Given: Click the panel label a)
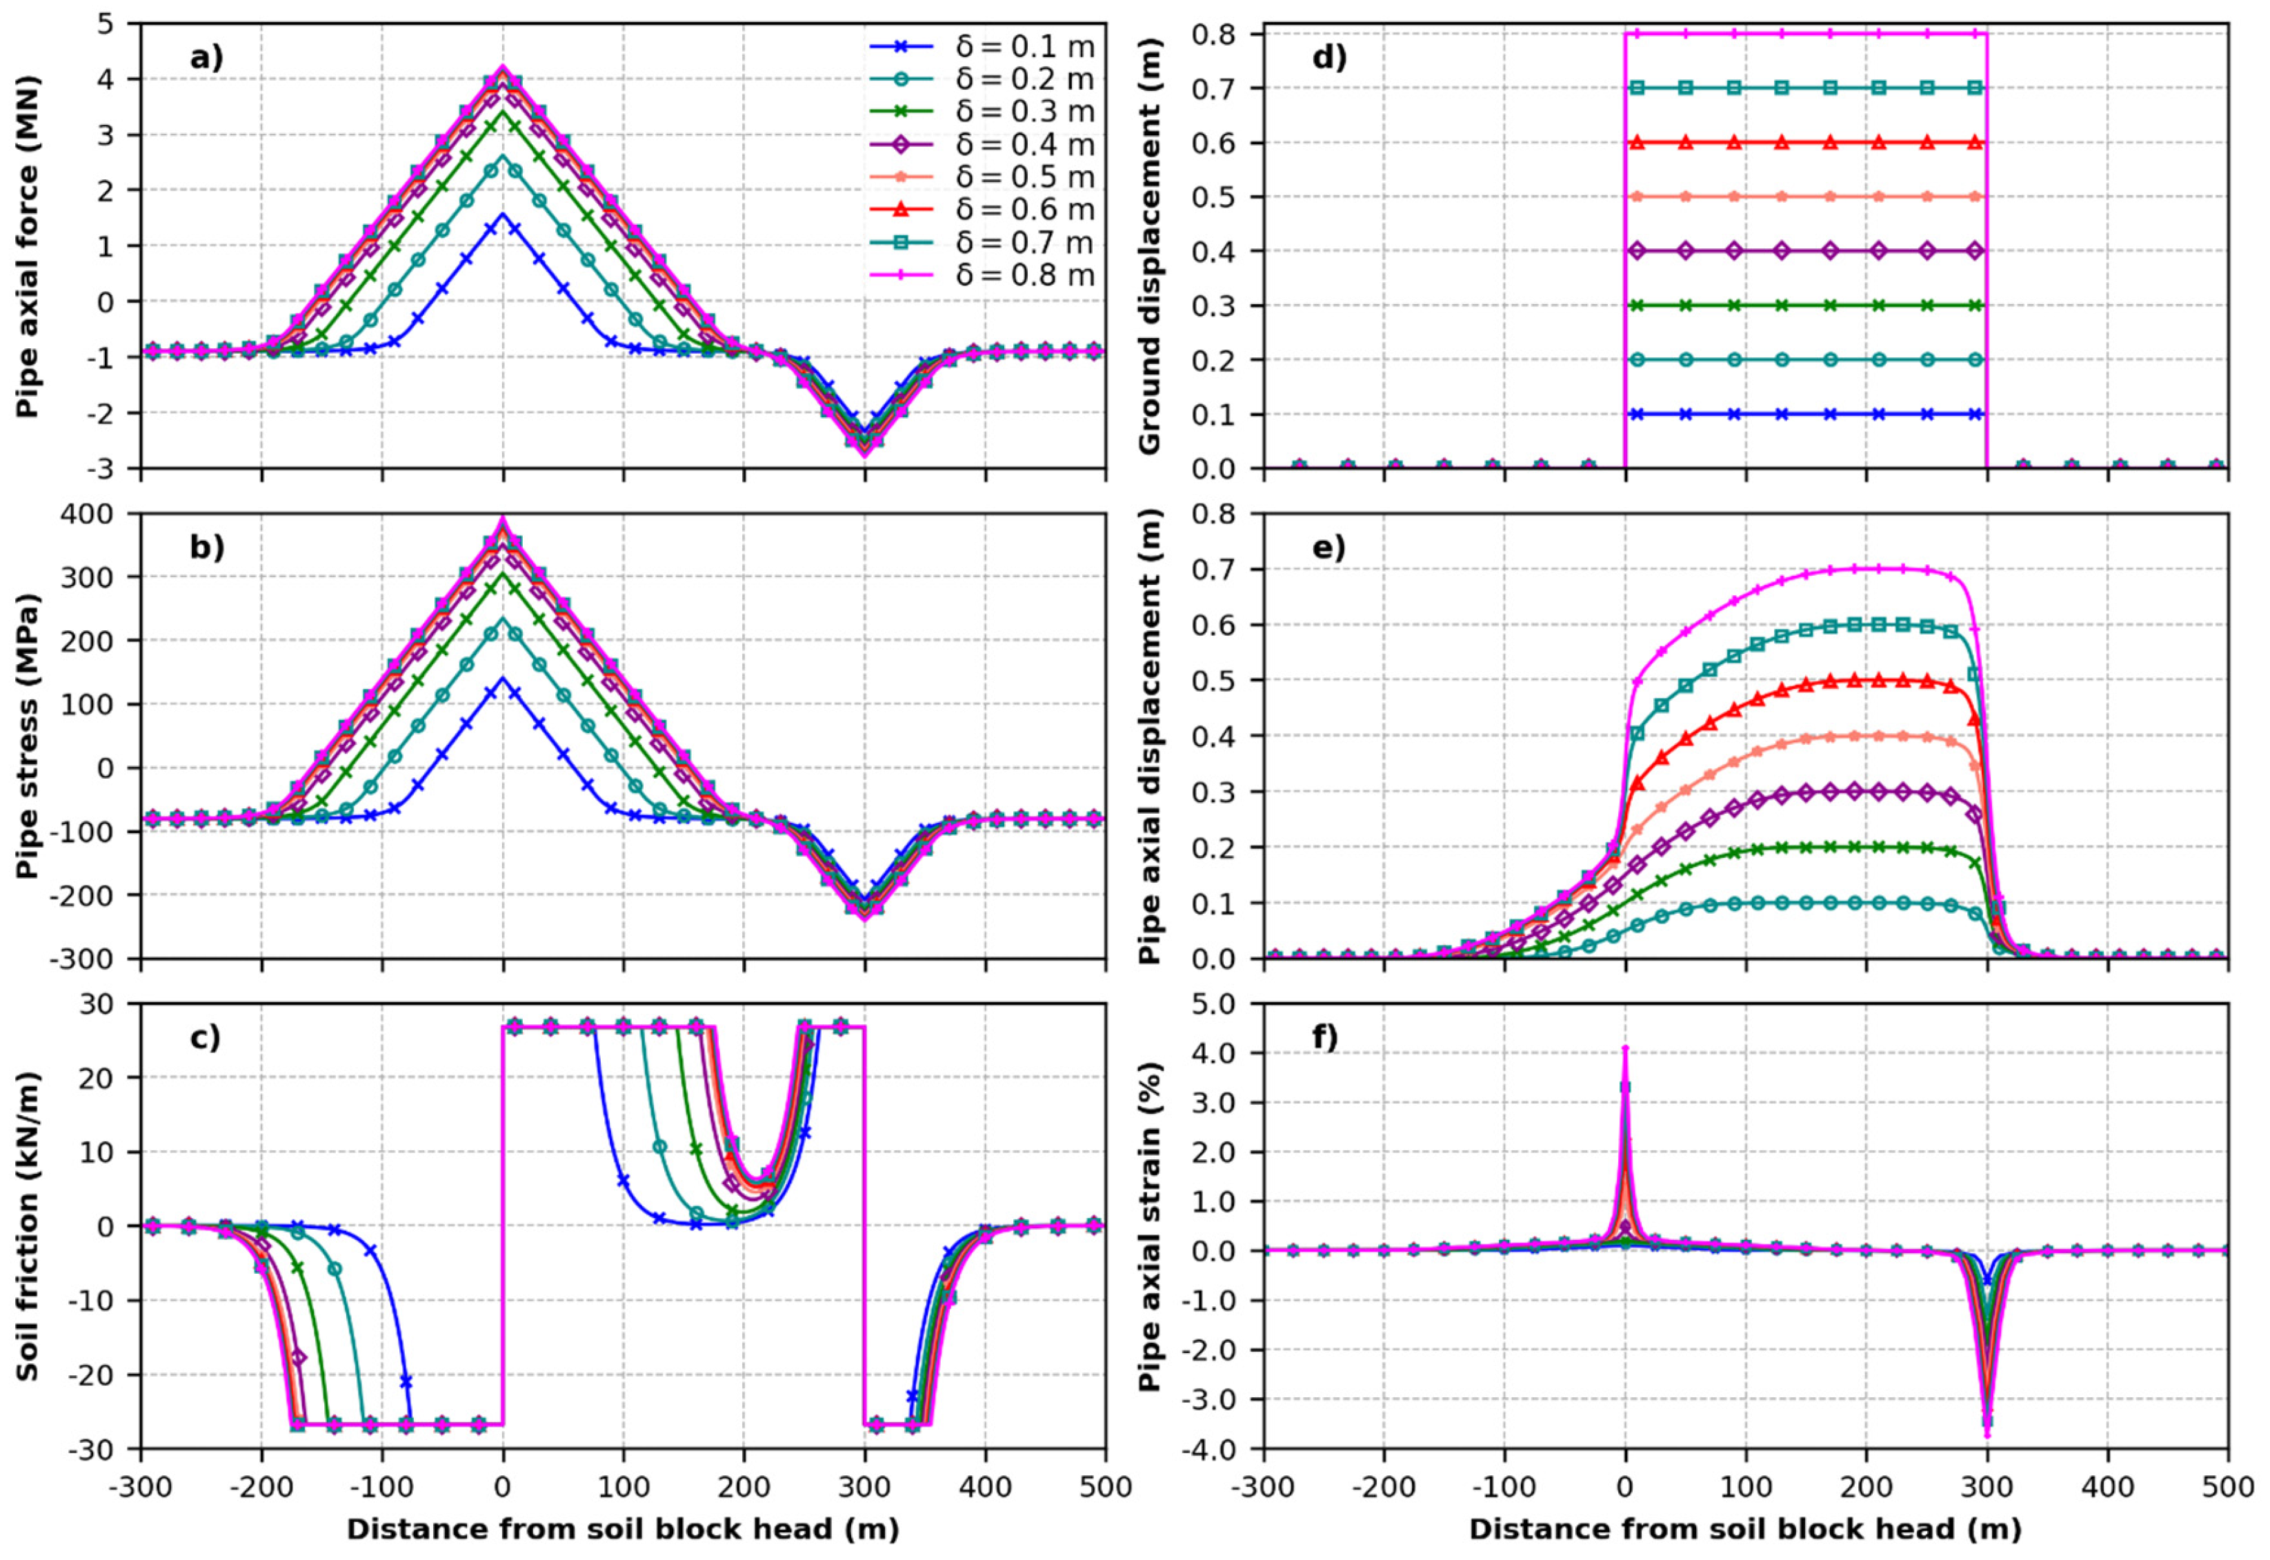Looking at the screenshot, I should click(206, 58).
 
